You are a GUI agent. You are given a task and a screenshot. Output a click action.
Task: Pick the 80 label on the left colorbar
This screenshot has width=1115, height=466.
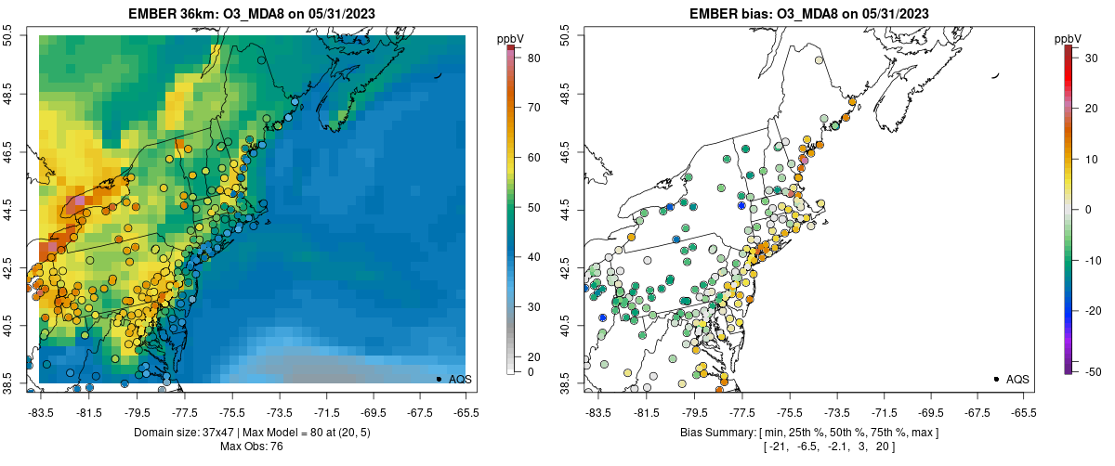pyautogui.click(x=534, y=57)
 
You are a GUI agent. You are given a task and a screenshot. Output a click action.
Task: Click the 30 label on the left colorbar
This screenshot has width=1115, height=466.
pyautogui.click(x=534, y=306)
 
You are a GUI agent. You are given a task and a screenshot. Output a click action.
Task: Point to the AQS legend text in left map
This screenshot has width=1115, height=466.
pyautogui.click(x=460, y=379)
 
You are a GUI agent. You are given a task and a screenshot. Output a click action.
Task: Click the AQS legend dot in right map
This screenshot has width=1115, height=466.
pyautogui.click(x=995, y=379)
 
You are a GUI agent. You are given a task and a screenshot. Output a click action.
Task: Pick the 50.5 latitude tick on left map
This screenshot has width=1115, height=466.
pyautogui.click(x=7, y=36)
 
